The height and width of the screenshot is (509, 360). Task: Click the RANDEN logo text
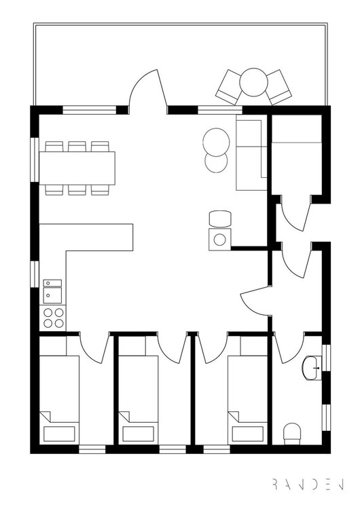[308, 484]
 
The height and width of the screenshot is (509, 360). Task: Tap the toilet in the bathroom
[292, 434]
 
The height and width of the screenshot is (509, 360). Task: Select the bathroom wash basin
[312, 368]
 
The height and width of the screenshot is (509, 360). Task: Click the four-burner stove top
[54, 318]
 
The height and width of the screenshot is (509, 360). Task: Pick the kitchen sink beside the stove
[52, 292]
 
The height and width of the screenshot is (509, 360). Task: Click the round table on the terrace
[253, 82]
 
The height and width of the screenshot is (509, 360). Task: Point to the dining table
[77, 168]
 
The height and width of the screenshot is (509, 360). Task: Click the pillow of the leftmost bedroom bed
[59, 434]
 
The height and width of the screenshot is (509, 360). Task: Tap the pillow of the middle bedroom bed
[139, 434]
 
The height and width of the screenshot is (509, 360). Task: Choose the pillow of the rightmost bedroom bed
[247, 434]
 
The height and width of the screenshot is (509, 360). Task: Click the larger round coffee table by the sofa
[216, 142]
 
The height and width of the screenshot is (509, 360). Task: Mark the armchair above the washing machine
[220, 219]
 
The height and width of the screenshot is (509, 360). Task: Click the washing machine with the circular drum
[220, 240]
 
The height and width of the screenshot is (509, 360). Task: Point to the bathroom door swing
[289, 348]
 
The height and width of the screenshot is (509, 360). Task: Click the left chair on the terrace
[229, 87]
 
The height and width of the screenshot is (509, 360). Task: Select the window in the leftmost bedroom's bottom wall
[92, 449]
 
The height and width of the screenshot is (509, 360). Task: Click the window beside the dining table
[35, 159]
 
